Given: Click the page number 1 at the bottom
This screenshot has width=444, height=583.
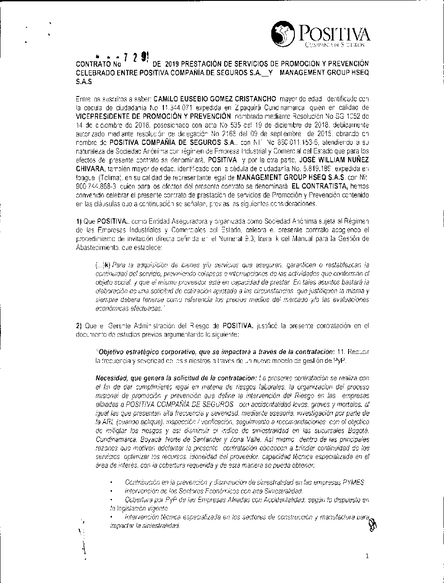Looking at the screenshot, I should [367, 556].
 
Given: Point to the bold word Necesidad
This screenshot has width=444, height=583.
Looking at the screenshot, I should [113, 378].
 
